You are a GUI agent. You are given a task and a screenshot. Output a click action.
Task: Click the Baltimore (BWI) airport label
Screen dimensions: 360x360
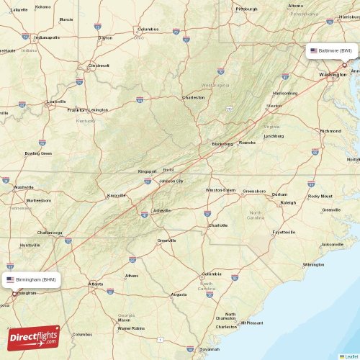332,51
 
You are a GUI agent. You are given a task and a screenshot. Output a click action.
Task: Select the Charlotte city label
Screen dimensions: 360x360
217,225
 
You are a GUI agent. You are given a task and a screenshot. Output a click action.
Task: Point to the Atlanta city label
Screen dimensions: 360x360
95,284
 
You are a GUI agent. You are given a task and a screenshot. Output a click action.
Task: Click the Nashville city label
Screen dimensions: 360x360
24,186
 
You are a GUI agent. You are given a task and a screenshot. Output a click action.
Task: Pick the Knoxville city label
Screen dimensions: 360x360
116,195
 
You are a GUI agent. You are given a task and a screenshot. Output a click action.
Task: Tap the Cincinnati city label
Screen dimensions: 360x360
99,65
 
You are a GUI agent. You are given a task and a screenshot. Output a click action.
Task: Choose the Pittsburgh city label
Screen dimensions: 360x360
246,9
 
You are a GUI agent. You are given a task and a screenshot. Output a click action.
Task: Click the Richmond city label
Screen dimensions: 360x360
330,131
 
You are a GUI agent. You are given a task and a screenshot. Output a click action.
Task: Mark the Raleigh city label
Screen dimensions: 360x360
288,203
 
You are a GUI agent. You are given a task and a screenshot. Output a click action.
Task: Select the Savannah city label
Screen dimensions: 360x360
210,348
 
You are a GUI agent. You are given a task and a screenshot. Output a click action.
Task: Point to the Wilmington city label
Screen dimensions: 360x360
313,264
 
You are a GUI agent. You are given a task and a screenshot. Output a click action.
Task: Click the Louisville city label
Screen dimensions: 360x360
56,102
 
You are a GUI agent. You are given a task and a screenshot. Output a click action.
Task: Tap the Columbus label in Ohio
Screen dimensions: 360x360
148,29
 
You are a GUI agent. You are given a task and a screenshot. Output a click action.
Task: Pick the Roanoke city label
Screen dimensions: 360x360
247,143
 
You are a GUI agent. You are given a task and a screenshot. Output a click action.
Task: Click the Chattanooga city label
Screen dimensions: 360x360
50,233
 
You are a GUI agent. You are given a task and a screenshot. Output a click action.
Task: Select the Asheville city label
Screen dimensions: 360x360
161,210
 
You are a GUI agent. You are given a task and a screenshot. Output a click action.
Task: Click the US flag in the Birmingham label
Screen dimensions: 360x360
10,279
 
